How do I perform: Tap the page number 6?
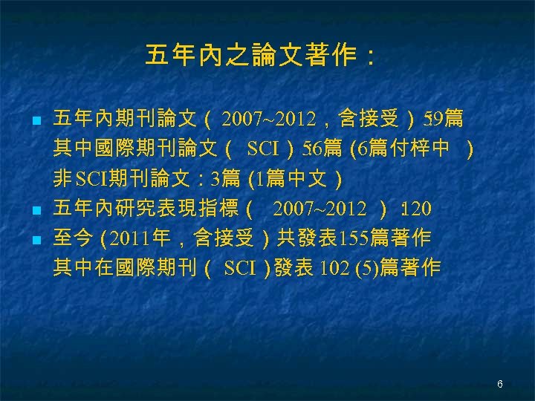500,384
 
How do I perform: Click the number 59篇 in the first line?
444,118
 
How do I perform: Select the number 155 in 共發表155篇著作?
353,238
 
